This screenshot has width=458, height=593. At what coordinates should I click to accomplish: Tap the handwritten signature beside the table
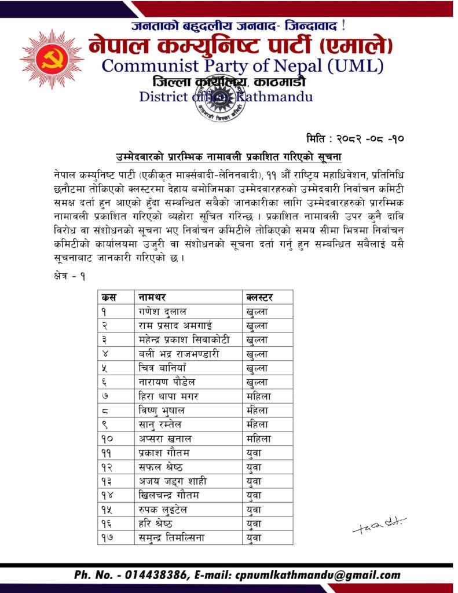click(x=379, y=525)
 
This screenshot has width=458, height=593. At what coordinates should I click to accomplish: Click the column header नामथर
click(x=152, y=298)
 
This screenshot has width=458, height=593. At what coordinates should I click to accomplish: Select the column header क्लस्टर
click(x=259, y=298)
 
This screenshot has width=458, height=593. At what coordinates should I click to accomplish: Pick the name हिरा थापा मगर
click(x=169, y=397)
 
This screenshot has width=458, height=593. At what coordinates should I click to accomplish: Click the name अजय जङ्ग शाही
click(x=173, y=481)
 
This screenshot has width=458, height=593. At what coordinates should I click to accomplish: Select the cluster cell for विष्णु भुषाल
click(x=258, y=411)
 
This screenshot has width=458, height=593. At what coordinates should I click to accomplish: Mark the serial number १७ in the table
click(x=108, y=538)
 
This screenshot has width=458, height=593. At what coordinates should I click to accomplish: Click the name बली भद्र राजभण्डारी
click(x=179, y=354)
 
